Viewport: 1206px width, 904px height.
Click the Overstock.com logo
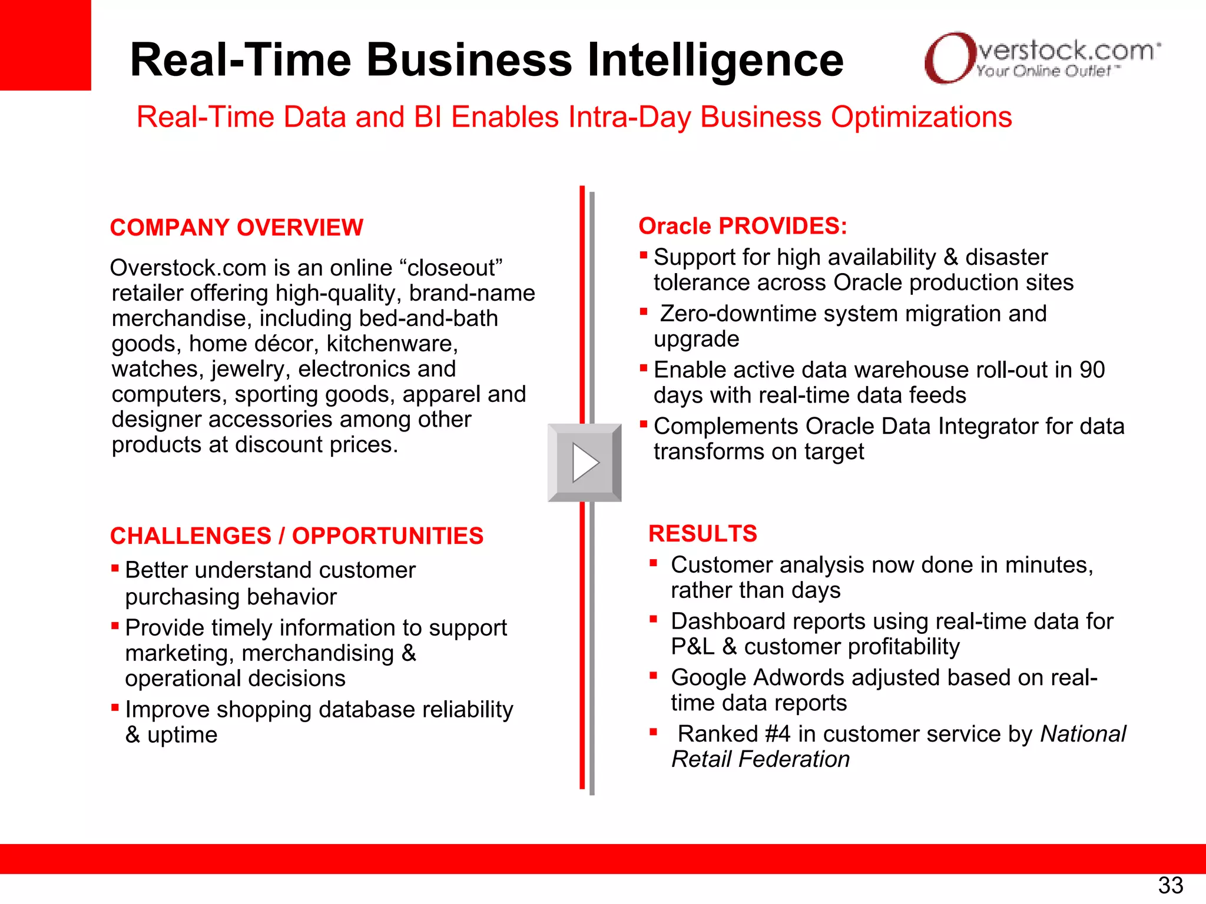[x=1041, y=58]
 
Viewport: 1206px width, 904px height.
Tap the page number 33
[x=1170, y=885]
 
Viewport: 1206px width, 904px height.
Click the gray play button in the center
[x=584, y=463]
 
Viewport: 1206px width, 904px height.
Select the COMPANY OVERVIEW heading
[x=237, y=228]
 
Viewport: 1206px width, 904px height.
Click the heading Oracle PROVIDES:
[x=743, y=226]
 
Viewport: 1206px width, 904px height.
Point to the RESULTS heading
[x=703, y=534]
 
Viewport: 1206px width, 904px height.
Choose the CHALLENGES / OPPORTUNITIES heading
[x=297, y=536]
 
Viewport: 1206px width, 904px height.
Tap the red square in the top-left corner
[x=45, y=45]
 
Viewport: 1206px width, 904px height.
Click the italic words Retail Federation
[x=761, y=759]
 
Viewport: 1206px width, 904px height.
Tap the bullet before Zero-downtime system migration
[x=644, y=312]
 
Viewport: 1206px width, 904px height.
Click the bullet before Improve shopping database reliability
[x=115, y=707]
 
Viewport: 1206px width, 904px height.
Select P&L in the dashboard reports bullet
[x=693, y=647]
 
